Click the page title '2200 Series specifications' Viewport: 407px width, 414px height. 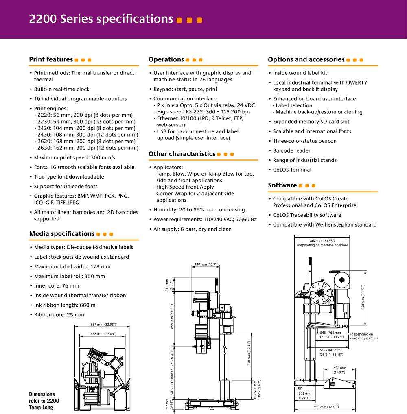(x=101, y=19)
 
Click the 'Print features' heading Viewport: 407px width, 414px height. (x=51, y=59)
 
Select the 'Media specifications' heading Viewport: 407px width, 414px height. (x=62, y=233)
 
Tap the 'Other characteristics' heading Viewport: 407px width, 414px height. (x=182, y=154)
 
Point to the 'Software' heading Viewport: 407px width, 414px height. (x=282, y=185)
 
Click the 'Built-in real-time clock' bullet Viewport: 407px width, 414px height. (x=61, y=89)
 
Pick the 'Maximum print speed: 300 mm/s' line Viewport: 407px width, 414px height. (x=74, y=157)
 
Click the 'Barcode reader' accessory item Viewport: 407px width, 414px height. (x=291, y=150)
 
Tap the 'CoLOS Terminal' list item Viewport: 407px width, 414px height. (x=292, y=170)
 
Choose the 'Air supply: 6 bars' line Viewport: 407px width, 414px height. (x=193, y=229)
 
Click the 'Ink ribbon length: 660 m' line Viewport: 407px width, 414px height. (x=65, y=305)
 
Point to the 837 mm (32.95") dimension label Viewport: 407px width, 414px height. (x=103, y=325)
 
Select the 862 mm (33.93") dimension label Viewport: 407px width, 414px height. (x=322, y=241)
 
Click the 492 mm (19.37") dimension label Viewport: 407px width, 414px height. (x=339, y=370)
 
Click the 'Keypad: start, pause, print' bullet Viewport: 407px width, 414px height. (x=185, y=89)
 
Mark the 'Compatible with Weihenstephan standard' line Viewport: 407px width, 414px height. (x=324, y=224)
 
